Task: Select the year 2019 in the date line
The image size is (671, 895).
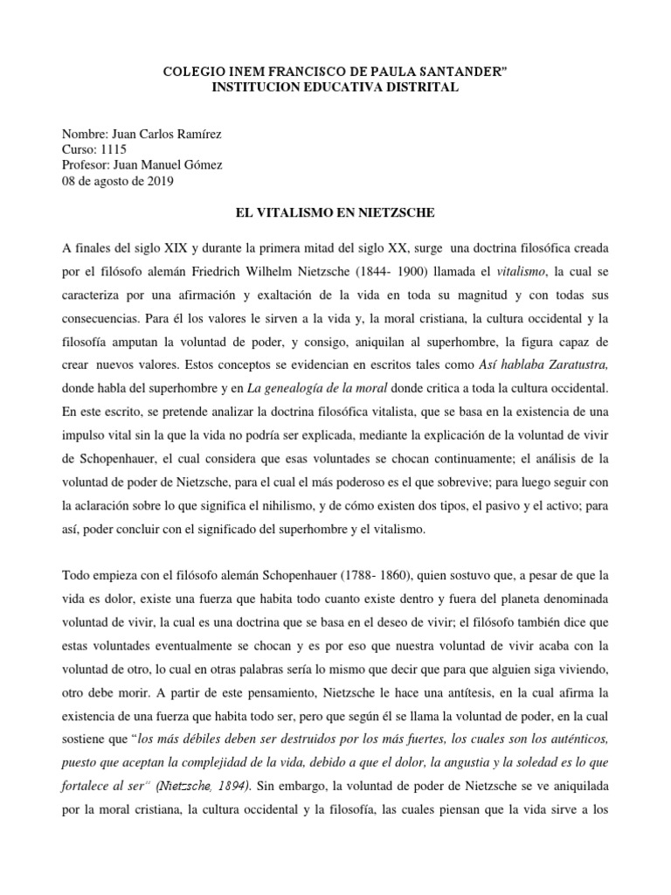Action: tap(158, 181)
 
